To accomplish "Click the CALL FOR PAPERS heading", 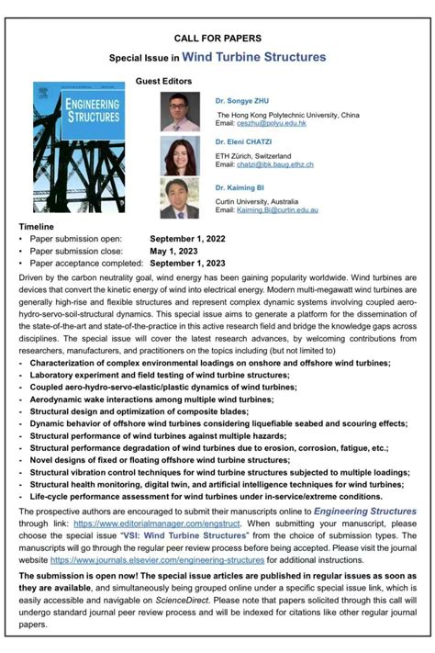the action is (217, 38).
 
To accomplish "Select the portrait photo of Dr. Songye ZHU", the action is (179, 111).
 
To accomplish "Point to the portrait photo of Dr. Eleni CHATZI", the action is (179, 155).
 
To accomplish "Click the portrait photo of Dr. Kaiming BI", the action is (179, 197).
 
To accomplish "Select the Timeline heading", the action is (37, 226).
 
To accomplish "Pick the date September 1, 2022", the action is (187, 238).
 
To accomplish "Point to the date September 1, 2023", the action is (187, 262).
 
